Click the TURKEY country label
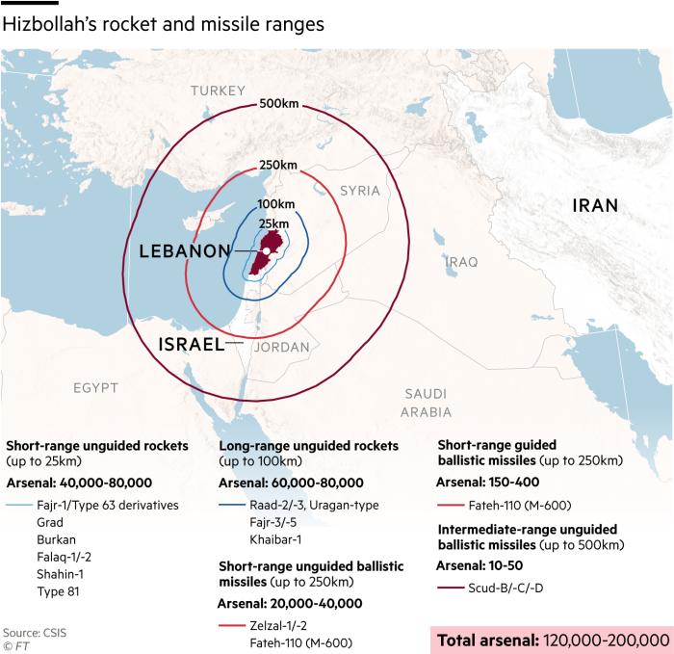218,91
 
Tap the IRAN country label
595,205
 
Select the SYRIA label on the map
360,191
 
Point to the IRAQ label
462,261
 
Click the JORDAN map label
281,347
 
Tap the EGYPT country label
96,388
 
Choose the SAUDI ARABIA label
426,403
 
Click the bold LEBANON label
185,251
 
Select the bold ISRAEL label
191,344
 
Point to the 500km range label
278,104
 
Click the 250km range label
277,165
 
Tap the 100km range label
275,204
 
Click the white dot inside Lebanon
266,251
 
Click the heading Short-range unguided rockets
97,446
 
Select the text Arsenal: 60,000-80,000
291,483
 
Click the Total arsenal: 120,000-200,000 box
551,639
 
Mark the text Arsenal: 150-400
487,482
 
